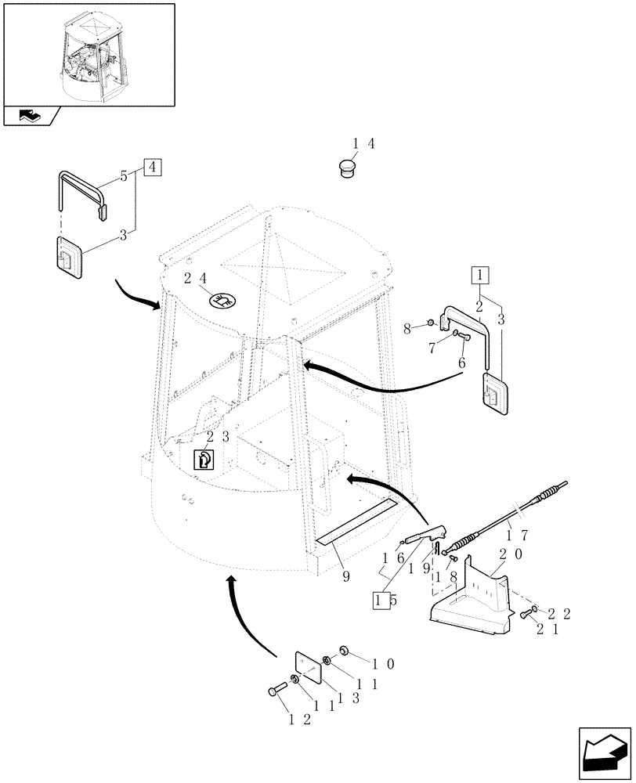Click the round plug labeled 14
pyautogui.click(x=345, y=168)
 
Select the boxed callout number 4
pyautogui.click(x=152, y=167)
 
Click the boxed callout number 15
pyautogui.click(x=382, y=600)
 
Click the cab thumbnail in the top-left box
pyautogui.click(x=88, y=55)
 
